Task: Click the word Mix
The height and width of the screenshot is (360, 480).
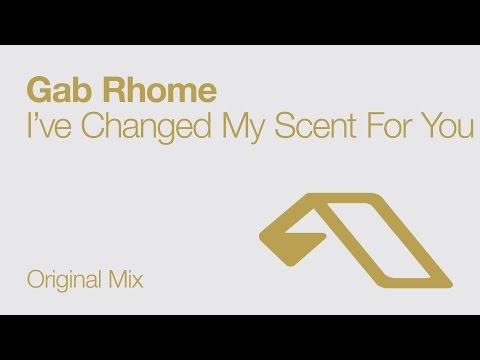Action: (128, 280)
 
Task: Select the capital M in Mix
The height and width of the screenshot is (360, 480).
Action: (118, 280)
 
